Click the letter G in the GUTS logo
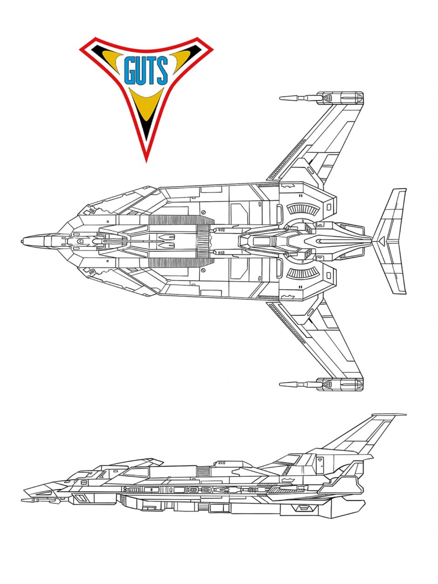[x=130, y=71]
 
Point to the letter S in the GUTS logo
[x=163, y=71]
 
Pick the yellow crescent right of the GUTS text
[x=183, y=60]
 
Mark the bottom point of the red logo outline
[x=146, y=162]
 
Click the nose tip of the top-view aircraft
[x=22, y=241]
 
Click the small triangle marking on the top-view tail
[x=382, y=241]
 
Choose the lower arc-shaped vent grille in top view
[x=303, y=273]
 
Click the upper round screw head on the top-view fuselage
[x=203, y=212]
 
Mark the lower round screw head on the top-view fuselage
[x=203, y=270]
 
